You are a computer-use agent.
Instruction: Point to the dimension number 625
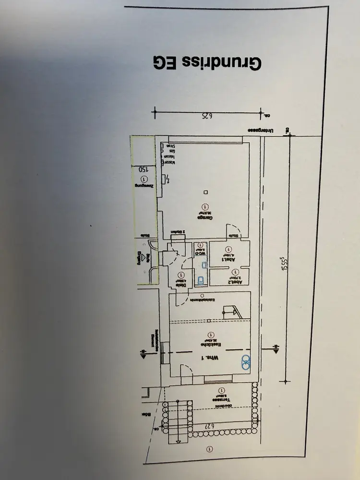point(205,115)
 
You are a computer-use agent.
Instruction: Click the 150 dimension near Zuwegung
point(142,169)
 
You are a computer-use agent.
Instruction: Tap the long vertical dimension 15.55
point(284,262)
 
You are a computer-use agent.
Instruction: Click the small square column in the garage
point(205,192)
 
